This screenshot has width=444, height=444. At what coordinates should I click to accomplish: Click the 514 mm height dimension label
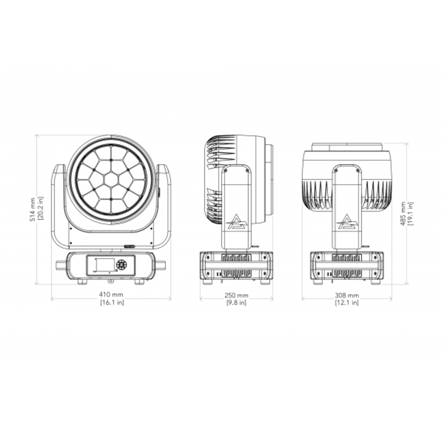click(32, 210)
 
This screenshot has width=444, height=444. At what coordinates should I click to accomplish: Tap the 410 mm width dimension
click(111, 296)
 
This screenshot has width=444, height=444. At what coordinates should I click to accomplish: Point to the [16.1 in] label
click(111, 302)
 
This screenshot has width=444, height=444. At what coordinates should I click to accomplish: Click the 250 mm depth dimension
click(236, 296)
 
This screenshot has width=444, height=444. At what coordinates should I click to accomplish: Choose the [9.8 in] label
click(236, 302)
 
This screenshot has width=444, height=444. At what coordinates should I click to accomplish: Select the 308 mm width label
click(347, 296)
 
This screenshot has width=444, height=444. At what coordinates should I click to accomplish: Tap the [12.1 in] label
click(347, 302)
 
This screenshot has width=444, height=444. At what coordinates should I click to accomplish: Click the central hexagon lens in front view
click(111, 179)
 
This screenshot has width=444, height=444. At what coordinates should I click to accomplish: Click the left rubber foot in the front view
click(82, 282)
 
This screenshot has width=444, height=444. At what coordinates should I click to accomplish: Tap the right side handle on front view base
click(160, 264)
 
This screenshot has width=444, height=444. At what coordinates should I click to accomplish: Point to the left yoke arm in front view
click(58, 204)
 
